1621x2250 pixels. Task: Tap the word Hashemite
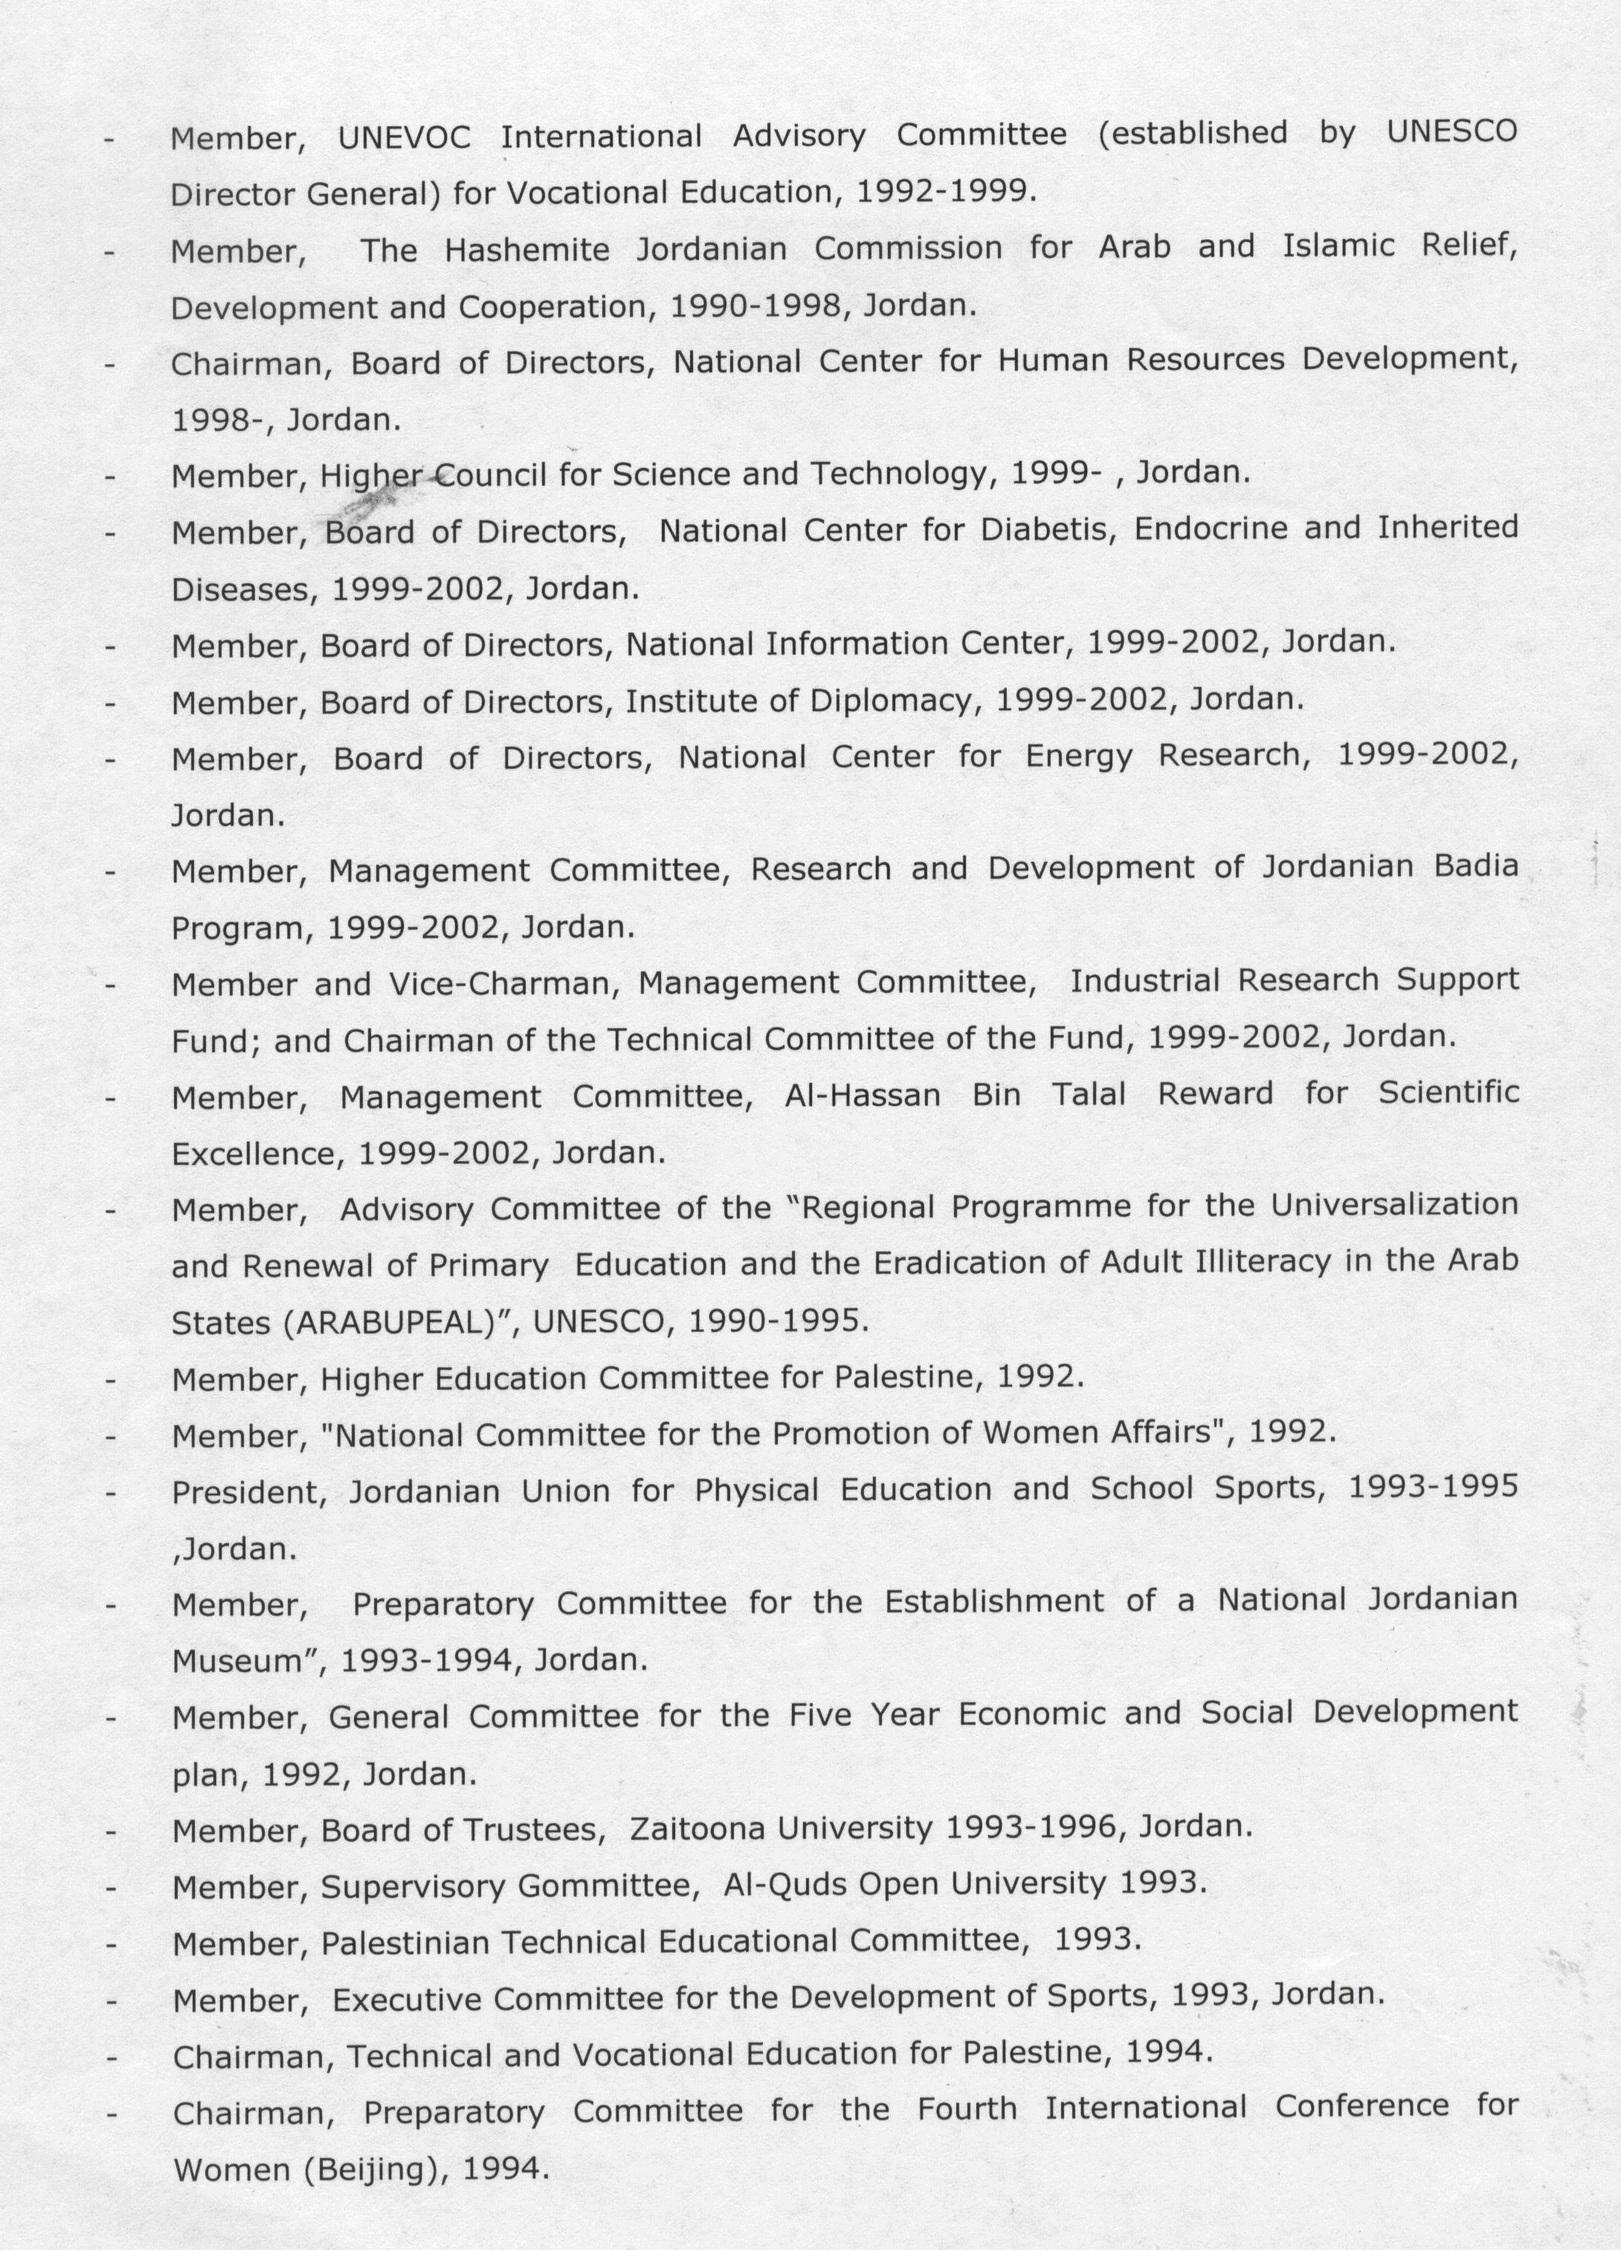pos(526,249)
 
